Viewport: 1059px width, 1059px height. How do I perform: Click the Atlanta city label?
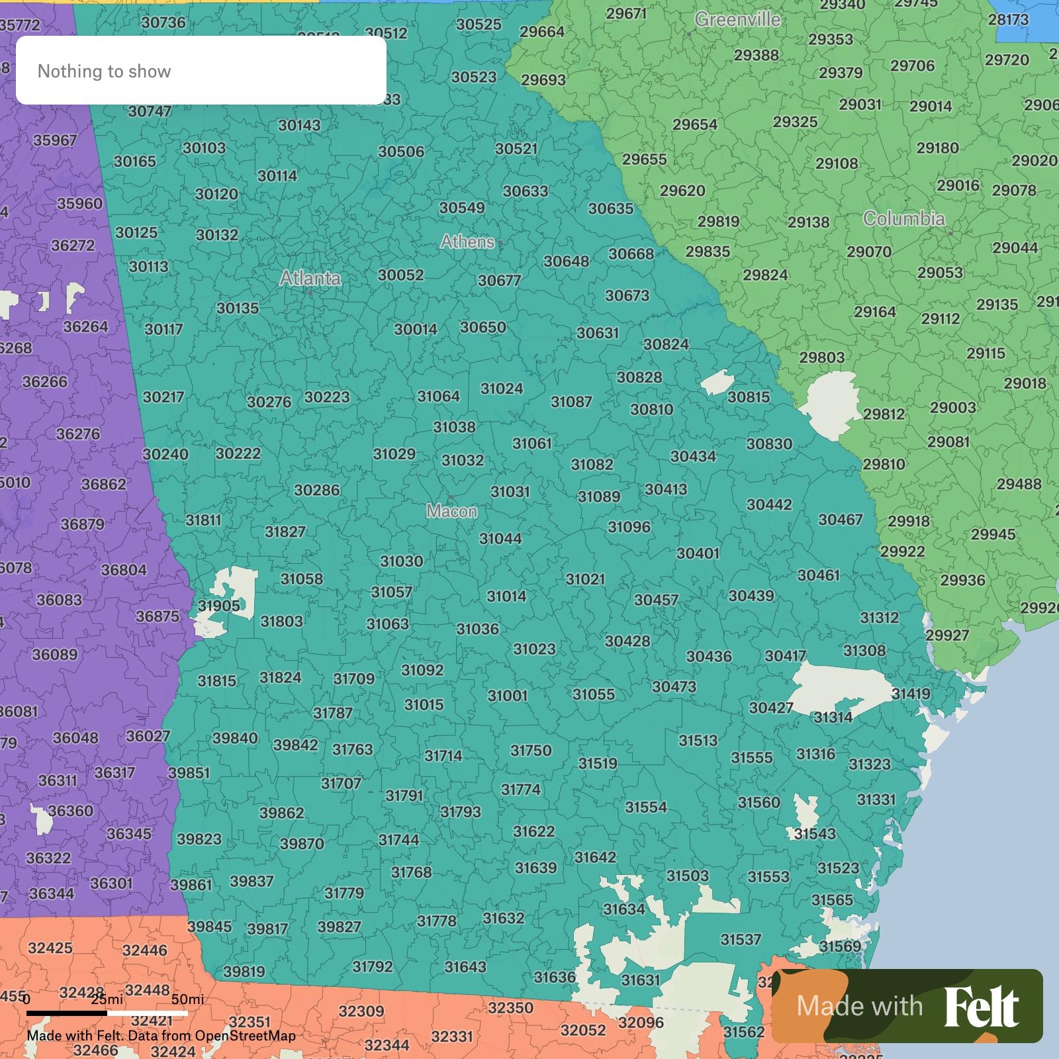click(310, 278)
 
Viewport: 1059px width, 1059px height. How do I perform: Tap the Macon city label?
click(451, 511)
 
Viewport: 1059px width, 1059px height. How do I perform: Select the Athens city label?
click(467, 242)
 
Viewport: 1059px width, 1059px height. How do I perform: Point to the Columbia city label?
click(903, 219)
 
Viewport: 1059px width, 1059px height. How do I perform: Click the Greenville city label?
click(737, 20)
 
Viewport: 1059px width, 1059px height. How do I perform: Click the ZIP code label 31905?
click(218, 606)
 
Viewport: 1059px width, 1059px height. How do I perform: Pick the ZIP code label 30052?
click(400, 275)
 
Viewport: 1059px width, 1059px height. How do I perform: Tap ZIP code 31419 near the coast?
click(910, 694)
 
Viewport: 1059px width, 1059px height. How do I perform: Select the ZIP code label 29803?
click(821, 357)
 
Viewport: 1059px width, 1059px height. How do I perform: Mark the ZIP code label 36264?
click(85, 326)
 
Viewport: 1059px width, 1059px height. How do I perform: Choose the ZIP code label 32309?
click(361, 1011)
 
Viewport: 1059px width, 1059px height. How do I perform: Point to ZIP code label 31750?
click(530, 751)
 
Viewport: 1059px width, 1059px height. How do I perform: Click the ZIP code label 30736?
click(163, 23)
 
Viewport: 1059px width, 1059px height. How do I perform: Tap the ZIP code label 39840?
click(235, 738)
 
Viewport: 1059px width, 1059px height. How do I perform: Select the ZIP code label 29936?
click(962, 580)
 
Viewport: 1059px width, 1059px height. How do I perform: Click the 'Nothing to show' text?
click(104, 71)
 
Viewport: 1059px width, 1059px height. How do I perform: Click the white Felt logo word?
click(982, 1007)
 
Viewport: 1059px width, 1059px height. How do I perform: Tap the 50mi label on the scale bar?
click(187, 999)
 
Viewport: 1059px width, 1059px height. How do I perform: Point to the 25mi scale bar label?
click(107, 999)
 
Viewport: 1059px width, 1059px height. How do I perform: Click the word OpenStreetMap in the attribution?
click(245, 1036)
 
